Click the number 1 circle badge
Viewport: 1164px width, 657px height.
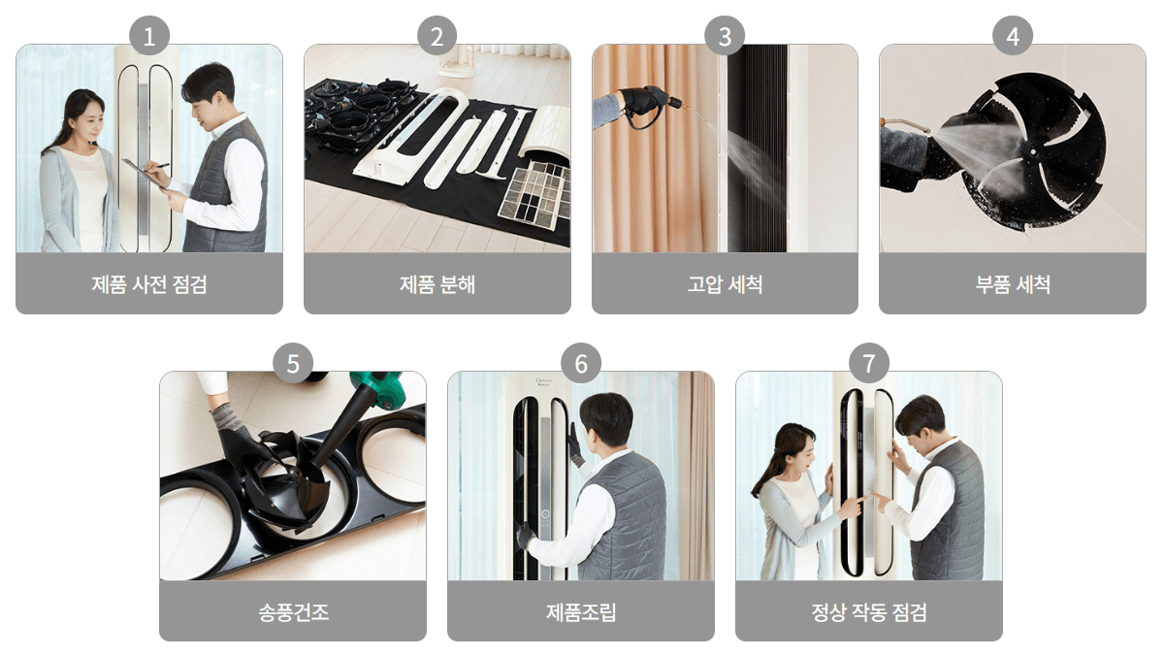[x=149, y=37]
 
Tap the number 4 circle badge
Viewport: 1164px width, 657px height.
[x=1013, y=37]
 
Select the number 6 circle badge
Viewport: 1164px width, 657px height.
[x=581, y=364]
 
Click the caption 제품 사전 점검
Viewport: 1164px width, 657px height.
[x=149, y=284]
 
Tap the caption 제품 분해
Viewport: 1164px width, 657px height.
[x=437, y=284]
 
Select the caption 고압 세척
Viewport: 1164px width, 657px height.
[x=725, y=284]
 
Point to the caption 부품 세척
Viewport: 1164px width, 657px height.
[x=1013, y=284]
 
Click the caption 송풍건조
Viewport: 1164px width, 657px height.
[x=293, y=612]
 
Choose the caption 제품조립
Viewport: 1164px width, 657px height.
[x=581, y=612]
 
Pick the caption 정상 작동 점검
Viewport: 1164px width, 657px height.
[x=868, y=612]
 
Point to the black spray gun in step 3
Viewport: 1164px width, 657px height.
[x=645, y=103]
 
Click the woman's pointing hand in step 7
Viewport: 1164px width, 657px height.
[x=851, y=504]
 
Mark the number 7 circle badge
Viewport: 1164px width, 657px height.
[x=868, y=364]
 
